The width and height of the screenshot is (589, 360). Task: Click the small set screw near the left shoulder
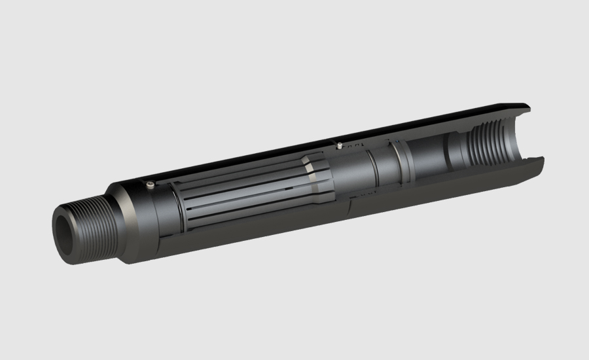151,185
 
